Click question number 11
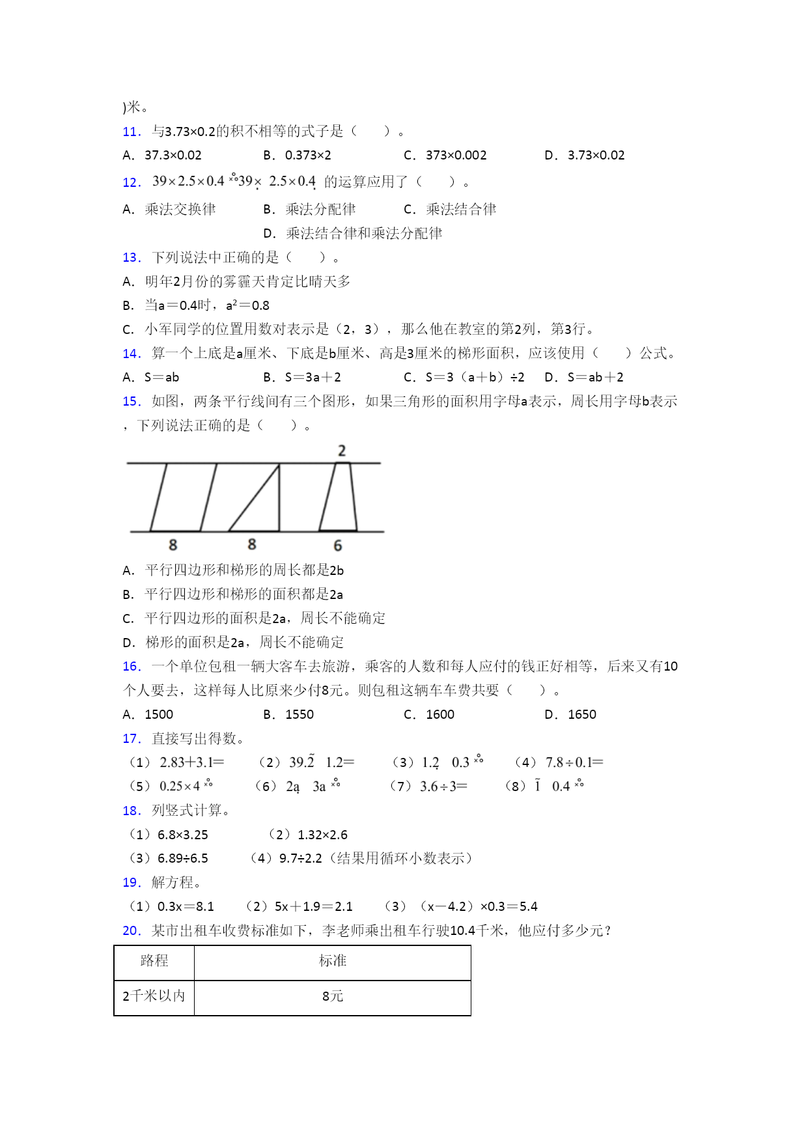pyautogui.click(x=132, y=132)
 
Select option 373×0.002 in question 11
pyautogui.click(x=455, y=156)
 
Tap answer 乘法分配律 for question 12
pyautogui.click(x=320, y=210)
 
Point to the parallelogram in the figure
pyautogui.click(x=183, y=497)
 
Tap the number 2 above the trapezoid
pyautogui.click(x=342, y=451)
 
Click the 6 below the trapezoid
pyautogui.click(x=337, y=546)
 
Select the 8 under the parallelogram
pyautogui.click(x=173, y=545)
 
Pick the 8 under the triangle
pyautogui.click(x=252, y=544)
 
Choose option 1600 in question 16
pyautogui.click(x=439, y=715)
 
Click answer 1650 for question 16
pyautogui.click(x=581, y=715)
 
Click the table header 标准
pyautogui.click(x=332, y=961)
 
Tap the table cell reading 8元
pyautogui.click(x=332, y=996)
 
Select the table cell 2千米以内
pyautogui.click(x=154, y=996)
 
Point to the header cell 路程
pyautogui.click(x=154, y=961)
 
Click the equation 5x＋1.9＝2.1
pyautogui.click(x=313, y=907)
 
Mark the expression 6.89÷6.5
pyautogui.click(x=182, y=859)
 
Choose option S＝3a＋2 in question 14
pyautogui.click(x=313, y=378)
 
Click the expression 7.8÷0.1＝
pyautogui.click(x=574, y=762)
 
